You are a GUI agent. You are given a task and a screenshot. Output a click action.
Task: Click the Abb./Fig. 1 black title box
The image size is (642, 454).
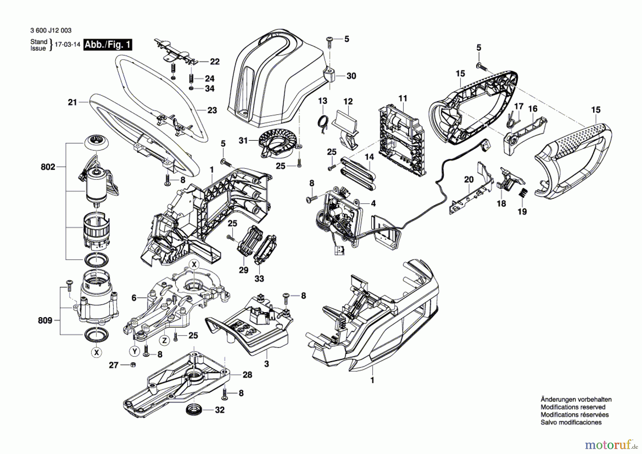click(x=108, y=45)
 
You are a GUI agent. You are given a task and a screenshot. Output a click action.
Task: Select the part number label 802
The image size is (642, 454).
click(x=48, y=167)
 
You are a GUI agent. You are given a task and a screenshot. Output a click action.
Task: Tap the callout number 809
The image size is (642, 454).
click(x=45, y=320)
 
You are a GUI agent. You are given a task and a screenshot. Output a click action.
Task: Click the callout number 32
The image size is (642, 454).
click(x=220, y=410)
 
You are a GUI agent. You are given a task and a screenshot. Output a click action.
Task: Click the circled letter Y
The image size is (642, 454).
click(x=134, y=351)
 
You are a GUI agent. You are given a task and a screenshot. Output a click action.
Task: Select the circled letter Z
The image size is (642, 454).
click(x=164, y=340)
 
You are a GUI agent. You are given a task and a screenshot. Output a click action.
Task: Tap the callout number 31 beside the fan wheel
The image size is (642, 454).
click(x=243, y=141)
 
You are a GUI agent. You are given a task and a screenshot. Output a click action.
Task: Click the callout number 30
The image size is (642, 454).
click(x=351, y=76)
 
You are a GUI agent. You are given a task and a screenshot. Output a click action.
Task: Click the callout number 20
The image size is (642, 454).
click(x=469, y=179)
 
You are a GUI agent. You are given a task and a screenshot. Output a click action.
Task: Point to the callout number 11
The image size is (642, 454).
click(x=403, y=98)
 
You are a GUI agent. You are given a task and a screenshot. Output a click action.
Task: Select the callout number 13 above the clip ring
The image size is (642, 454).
click(x=322, y=101)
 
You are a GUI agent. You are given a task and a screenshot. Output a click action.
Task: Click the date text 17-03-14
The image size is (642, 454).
click(x=67, y=45)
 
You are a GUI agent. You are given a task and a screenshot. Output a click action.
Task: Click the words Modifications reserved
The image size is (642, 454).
click(x=573, y=407)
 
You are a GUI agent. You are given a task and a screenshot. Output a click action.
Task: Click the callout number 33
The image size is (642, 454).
click(x=259, y=279)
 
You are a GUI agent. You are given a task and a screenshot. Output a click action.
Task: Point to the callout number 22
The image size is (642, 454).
click(x=215, y=62)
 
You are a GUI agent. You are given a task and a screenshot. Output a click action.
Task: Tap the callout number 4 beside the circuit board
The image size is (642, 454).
click(x=373, y=204)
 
